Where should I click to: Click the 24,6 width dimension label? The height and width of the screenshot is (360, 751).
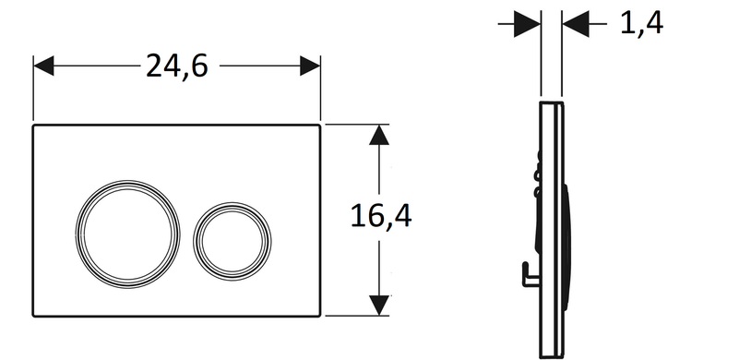click(x=177, y=66)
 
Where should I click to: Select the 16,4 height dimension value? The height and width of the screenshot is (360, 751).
click(x=381, y=215)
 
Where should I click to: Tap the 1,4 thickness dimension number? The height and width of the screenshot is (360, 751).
click(x=641, y=22)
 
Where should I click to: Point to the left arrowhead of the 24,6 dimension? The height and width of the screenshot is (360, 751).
click(x=43, y=66)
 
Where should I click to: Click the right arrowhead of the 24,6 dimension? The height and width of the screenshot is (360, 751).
click(x=310, y=66)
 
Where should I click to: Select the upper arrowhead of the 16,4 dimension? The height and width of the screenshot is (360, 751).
click(x=379, y=135)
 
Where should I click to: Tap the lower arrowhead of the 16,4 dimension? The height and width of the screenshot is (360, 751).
click(x=379, y=306)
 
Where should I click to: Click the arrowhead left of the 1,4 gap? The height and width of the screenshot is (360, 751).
click(x=528, y=23)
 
